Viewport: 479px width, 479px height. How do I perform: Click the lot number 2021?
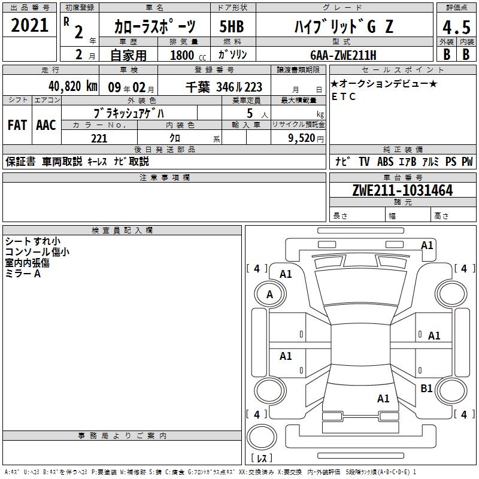click(x=29, y=25)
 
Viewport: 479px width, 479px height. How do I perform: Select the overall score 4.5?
click(x=456, y=27)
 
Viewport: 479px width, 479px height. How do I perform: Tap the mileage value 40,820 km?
click(x=72, y=86)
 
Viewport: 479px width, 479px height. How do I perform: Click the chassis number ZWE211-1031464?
click(x=402, y=190)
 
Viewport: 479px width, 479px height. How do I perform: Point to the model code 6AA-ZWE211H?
click(x=343, y=55)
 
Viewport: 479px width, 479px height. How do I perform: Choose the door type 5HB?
click(x=232, y=26)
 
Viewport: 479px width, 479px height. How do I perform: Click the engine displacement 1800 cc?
click(x=188, y=55)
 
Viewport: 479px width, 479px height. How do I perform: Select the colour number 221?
click(x=99, y=138)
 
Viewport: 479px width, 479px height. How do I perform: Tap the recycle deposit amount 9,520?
click(x=302, y=138)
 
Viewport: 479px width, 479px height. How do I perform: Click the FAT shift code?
click(x=17, y=125)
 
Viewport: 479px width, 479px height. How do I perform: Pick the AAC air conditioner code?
click(x=46, y=125)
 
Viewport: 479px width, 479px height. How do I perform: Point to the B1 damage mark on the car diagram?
click(x=426, y=388)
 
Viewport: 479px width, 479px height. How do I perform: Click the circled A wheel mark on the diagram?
click(x=269, y=295)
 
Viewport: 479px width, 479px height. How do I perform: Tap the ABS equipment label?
click(x=385, y=161)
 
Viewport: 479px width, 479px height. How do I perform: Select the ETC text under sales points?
click(x=344, y=96)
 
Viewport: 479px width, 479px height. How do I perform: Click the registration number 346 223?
click(x=239, y=87)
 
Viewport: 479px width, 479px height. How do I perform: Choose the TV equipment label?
click(x=364, y=161)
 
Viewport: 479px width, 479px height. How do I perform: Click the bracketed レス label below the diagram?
click(x=262, y=457)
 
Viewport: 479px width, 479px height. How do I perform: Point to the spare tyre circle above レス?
click(x=262, y=437)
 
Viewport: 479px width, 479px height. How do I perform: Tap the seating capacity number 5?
click(x=250, y=113)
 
